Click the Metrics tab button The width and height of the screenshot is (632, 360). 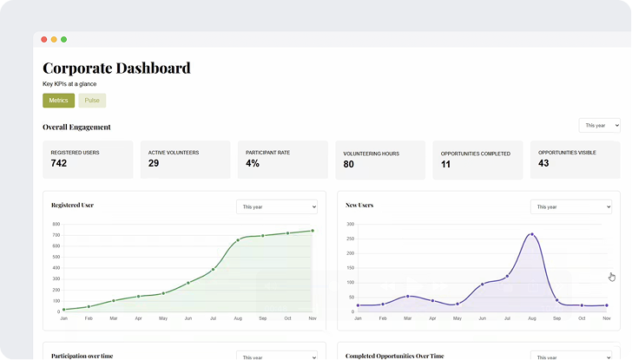(x=58, y=101)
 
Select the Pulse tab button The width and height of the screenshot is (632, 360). (x=92, y=101)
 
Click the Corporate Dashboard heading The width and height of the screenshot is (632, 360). (x=116, y=68)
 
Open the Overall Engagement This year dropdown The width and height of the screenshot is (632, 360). (x=599, y=126)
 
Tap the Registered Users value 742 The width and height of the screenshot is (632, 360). (x=59, y=163)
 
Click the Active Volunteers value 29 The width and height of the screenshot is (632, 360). (x=154, y=163)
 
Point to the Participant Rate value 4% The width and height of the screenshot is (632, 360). (x=253, y=163)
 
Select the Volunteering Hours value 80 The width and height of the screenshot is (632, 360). (x=349, y=164)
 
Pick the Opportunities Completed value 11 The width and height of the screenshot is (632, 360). (x=446, y=164)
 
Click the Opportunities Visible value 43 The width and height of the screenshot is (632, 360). (x=543, y=163)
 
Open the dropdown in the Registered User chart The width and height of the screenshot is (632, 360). (x=277, y=207)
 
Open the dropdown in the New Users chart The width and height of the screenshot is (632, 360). (x=570, y=207)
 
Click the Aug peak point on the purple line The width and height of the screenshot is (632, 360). (x=532, y=234)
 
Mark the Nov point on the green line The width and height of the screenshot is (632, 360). (x=313, y=231)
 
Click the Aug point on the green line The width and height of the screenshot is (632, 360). (x=238, y=240)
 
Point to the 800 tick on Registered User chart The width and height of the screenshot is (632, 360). (x=56, y=225)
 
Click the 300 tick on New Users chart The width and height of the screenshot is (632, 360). (x=350, y=225)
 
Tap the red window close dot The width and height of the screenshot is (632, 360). (x=43, y=39)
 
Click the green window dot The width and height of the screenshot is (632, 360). (x=63, y=39)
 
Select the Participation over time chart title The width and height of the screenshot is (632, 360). (x=82, y=356)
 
